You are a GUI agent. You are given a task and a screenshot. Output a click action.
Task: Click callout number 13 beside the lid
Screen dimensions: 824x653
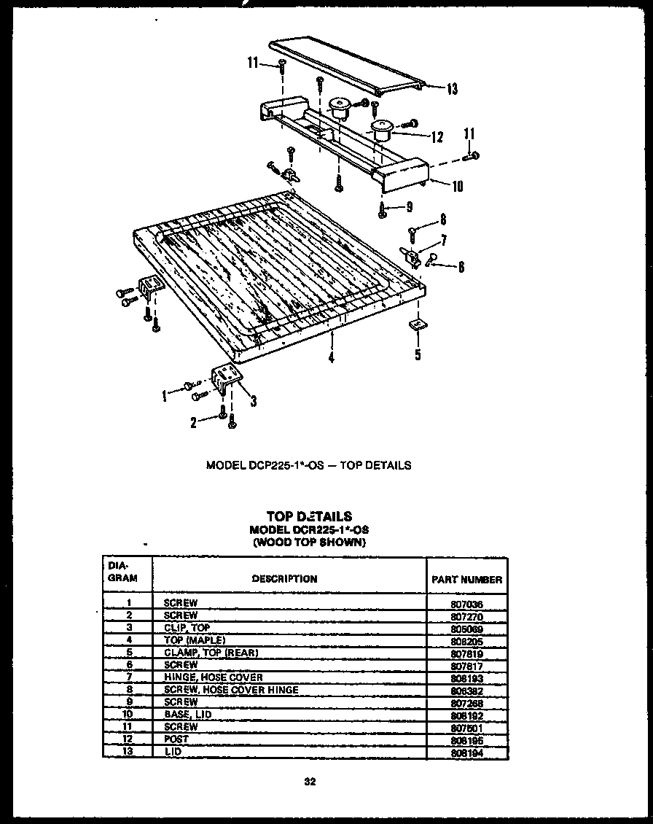pos(452,89)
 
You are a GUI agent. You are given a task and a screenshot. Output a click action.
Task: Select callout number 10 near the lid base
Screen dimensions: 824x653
pos(457,186)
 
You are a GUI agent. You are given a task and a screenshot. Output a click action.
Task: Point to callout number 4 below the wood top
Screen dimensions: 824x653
pos(331,357)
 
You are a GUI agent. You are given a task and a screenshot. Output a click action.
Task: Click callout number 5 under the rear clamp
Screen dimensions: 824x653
pos(418,356)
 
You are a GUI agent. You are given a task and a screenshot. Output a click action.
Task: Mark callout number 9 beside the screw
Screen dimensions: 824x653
pos(409,207)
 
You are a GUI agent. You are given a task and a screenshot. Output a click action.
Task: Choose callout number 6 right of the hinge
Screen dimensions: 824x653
pos(461,267)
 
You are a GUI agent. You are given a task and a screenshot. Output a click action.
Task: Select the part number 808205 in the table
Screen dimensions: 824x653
pos(467,641)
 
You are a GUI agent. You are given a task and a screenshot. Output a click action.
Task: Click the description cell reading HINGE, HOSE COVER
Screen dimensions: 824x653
pos(214,678)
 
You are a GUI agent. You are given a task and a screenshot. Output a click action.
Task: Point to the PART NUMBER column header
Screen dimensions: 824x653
pos(467,580)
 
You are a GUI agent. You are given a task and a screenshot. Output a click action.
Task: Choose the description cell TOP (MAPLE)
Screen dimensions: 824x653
pos(189,640)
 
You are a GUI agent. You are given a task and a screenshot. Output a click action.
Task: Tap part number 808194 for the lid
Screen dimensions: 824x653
pos(467,753)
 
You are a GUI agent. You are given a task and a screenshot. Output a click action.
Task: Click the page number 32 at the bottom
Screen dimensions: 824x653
pos(309,782)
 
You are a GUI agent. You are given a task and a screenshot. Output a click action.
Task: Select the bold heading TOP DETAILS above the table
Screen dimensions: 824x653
pos(309,516)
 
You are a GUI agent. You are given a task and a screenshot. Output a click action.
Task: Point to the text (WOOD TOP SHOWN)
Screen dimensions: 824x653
pos(309,542)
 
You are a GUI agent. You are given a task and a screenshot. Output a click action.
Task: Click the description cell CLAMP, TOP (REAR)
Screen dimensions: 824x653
pos(211,653)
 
